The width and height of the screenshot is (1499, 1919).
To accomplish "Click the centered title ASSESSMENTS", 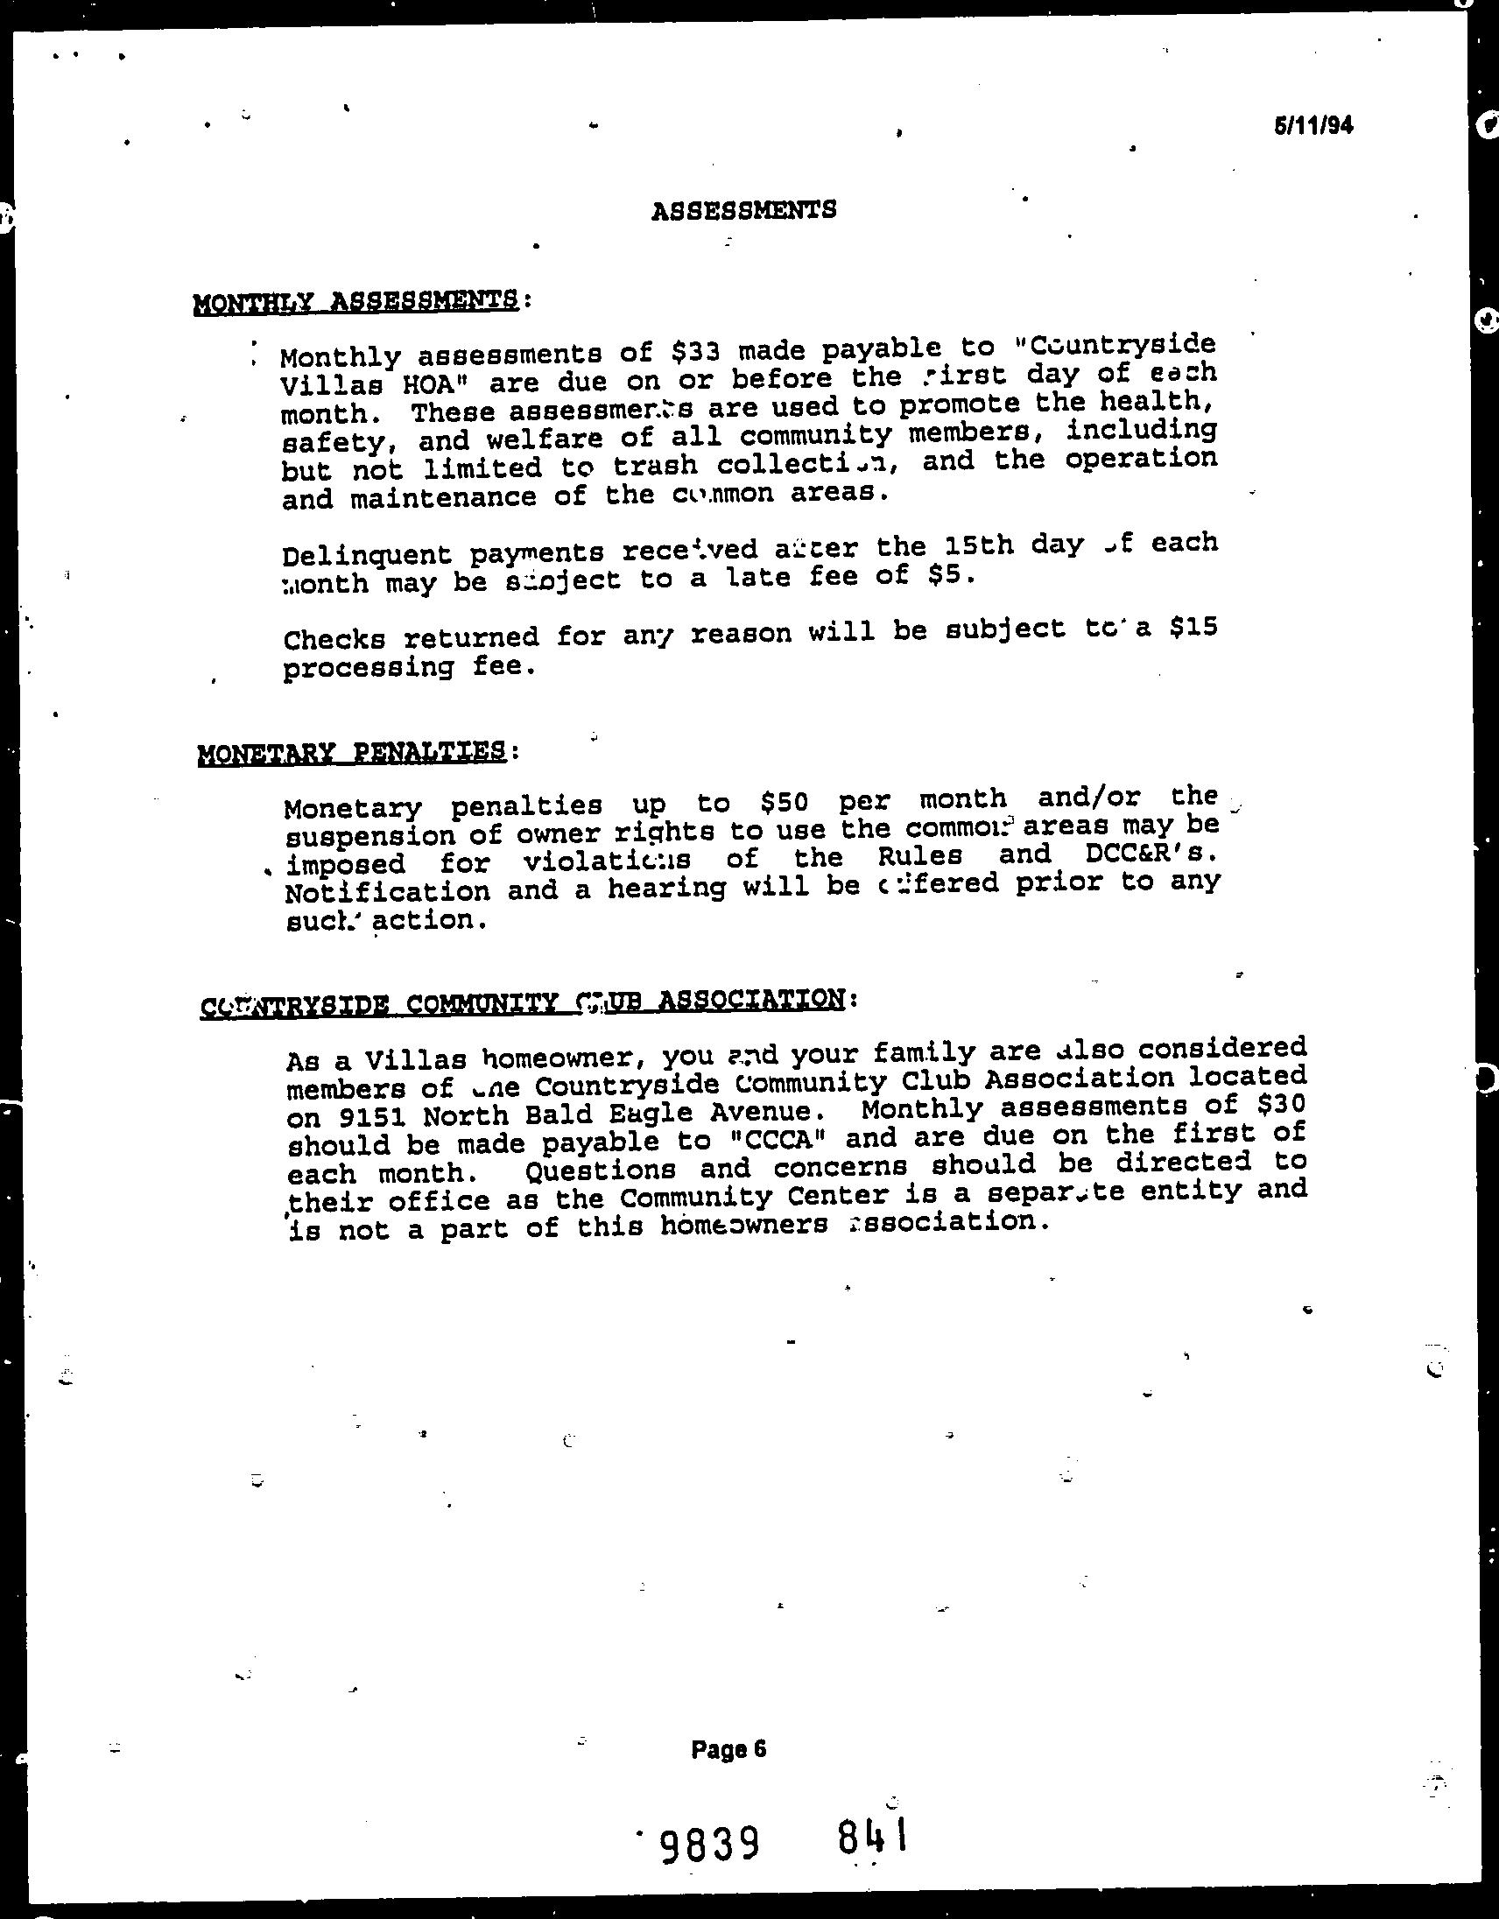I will coord(743,210).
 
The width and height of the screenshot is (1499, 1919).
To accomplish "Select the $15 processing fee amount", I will coord(1193,629).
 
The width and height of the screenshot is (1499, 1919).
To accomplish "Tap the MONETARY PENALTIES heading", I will coord(352,753).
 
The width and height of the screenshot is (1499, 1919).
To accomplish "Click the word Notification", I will coord(389,892).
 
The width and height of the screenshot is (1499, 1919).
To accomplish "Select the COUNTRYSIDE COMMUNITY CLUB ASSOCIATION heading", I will coord(523,1002).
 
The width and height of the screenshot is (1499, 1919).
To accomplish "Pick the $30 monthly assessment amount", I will coord(1281,1103).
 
